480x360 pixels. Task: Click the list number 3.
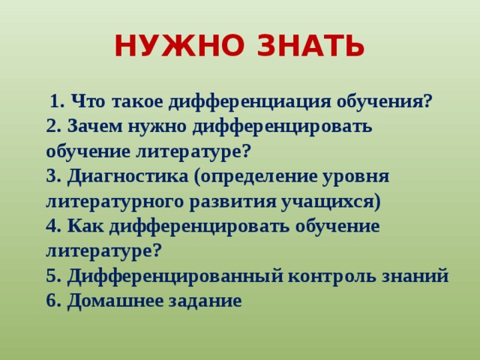[52, 177]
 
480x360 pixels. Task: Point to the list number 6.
[52, 301]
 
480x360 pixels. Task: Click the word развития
[231, 202]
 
